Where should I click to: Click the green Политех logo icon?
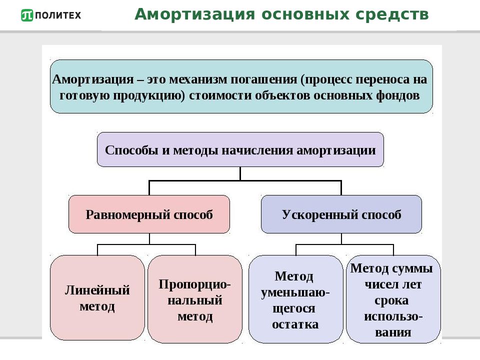pyautogui.click(x=27, y=15)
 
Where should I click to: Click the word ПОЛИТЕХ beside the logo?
pyautogui.click(x=58, y=15)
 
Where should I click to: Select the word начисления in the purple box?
pyautogui.click(x=257, y=150)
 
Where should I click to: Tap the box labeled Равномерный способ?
pyautogui.click(x=149, y=214)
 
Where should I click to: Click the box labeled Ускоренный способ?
pyautogui.click(x=341, y=214)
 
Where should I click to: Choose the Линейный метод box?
pyautogui.click(x=97, y=297)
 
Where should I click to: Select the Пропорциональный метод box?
pyautogui.click(x=195, y=299)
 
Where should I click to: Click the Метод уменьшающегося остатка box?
pyautogui.click(x=295, y=299)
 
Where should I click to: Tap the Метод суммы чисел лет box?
pyautogui.click(x=393, y=299)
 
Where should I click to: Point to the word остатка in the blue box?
pyautogui.click(x=295, y=324)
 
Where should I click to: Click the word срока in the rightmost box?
pyautogui.click(x=391, y=301)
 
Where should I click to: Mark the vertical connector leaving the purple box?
pyautogui.click(x=240, y=173)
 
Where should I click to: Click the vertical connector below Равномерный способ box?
pyautogui.click(x=149, y=239)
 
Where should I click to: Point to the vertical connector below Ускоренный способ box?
pyautogui.click(x=341, y=239)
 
